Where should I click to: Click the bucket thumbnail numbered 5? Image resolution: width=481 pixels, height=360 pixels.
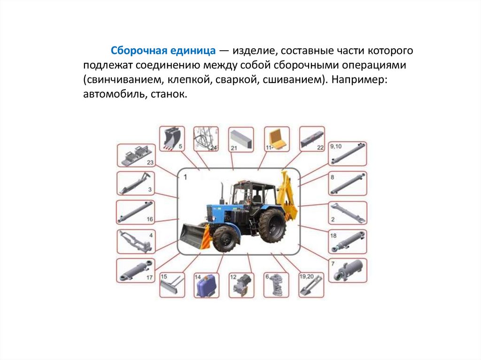[x=172, y=138]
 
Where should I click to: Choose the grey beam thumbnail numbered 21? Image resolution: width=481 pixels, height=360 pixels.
[x=241, y=139]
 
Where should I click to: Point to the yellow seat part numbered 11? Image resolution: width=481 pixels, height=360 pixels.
[x=277, y=139]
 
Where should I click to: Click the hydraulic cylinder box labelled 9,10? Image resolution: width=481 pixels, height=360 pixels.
[x=348, y=153]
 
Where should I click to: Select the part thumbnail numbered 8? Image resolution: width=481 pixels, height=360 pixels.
[x=348, y=184]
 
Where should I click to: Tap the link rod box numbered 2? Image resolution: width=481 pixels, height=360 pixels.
[x=348, y=213]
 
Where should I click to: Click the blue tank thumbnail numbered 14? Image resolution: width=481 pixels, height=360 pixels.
[x=206, y=285]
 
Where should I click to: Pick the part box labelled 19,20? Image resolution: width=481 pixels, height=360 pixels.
[x=311, y=285]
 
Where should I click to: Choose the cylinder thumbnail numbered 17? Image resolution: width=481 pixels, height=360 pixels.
[x=136, y=270]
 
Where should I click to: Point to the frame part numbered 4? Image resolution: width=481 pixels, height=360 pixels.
[x=136, y=242]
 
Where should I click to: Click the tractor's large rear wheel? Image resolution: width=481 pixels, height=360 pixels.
[x=272, y=224]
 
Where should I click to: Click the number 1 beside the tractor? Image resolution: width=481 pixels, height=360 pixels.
[x=185, y=177]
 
